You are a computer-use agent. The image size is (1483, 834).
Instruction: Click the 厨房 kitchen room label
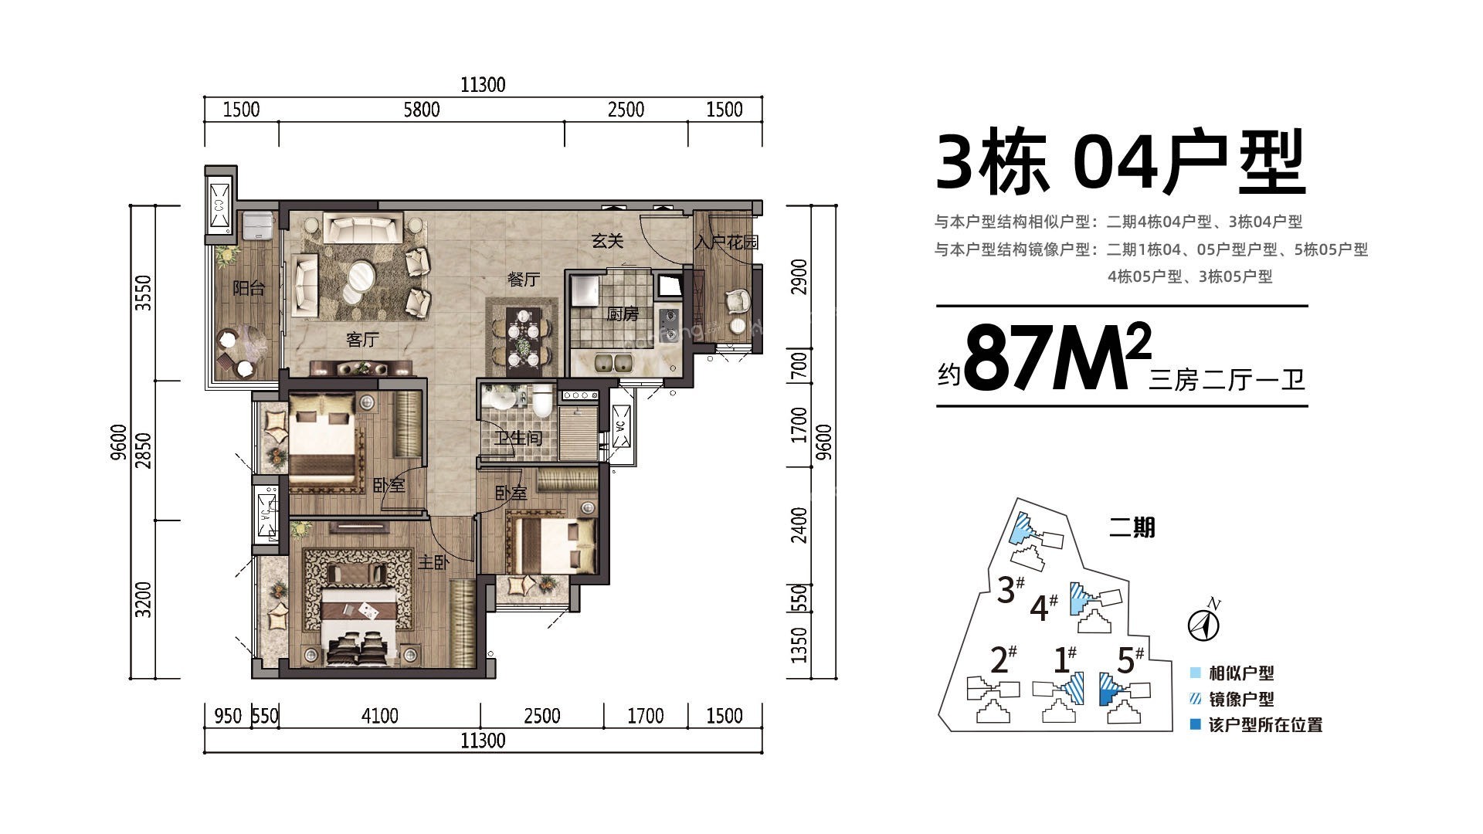[622, 314]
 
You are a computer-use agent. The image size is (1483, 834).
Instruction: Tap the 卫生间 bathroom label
[518, 439]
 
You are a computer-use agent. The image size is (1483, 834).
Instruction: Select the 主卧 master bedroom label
[433, 563]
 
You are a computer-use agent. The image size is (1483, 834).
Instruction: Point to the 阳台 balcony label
[249, 289]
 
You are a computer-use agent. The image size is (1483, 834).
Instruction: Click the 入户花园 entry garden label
[726, 242]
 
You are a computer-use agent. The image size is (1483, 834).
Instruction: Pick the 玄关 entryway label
[607, 241]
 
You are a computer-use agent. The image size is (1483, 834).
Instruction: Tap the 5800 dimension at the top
[421, 110]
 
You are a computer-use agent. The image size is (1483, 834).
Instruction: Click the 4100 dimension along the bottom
[379, 716]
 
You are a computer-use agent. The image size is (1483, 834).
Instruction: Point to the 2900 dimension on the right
[799, 276]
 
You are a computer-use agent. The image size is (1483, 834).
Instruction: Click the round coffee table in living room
[361, 276]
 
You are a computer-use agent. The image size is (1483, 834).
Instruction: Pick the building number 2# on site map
[1003, 659]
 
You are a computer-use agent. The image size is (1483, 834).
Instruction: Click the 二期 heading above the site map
[1132, 527]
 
